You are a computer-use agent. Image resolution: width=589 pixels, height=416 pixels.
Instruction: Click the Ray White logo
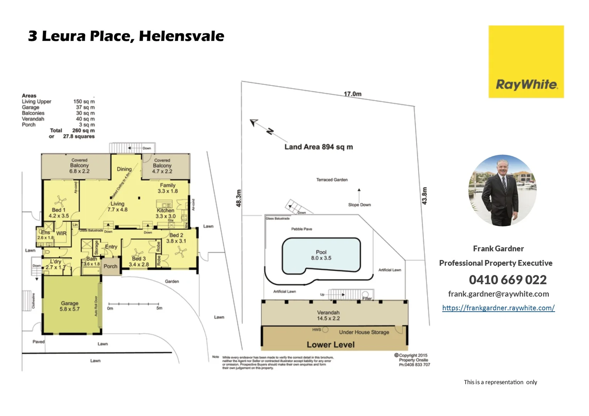tap(526, 62)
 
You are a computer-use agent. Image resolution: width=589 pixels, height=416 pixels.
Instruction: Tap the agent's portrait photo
tap(502, 190)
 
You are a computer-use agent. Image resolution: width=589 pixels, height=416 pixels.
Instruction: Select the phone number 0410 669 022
tap(508, 280)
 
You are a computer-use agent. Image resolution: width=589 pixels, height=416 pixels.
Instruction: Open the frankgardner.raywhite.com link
tap(498, 308)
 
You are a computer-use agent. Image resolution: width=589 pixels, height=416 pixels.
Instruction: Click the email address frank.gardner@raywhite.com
tap(498, 294)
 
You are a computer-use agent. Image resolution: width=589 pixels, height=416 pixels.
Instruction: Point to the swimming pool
tap(321, 255)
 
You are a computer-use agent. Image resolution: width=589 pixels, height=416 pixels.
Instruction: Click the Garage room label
tap(69, 306)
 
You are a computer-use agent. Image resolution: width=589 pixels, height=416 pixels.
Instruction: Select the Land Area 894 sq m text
tap(318, 147)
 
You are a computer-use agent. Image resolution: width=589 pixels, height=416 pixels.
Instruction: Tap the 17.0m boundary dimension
tap(352, 94)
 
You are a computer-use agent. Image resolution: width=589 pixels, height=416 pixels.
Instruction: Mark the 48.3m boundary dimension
tap(239, 198)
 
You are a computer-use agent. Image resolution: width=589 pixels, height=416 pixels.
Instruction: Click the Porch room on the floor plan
tap(110, 266)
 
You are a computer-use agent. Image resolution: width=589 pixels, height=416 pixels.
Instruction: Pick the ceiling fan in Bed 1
tap(60, 201)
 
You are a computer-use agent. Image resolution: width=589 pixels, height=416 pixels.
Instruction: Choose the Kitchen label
tap(165, 210)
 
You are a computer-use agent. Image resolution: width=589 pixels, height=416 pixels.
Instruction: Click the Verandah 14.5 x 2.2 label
tap(328, 315)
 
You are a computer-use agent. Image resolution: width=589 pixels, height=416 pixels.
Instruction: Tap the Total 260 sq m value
tap(83, 131)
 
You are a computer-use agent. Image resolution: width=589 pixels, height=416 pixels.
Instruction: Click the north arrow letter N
tap(270, 131)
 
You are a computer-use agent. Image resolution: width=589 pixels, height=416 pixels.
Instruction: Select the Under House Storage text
tap(364, 332)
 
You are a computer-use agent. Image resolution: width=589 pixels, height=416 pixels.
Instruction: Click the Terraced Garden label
tap(332, 180)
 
